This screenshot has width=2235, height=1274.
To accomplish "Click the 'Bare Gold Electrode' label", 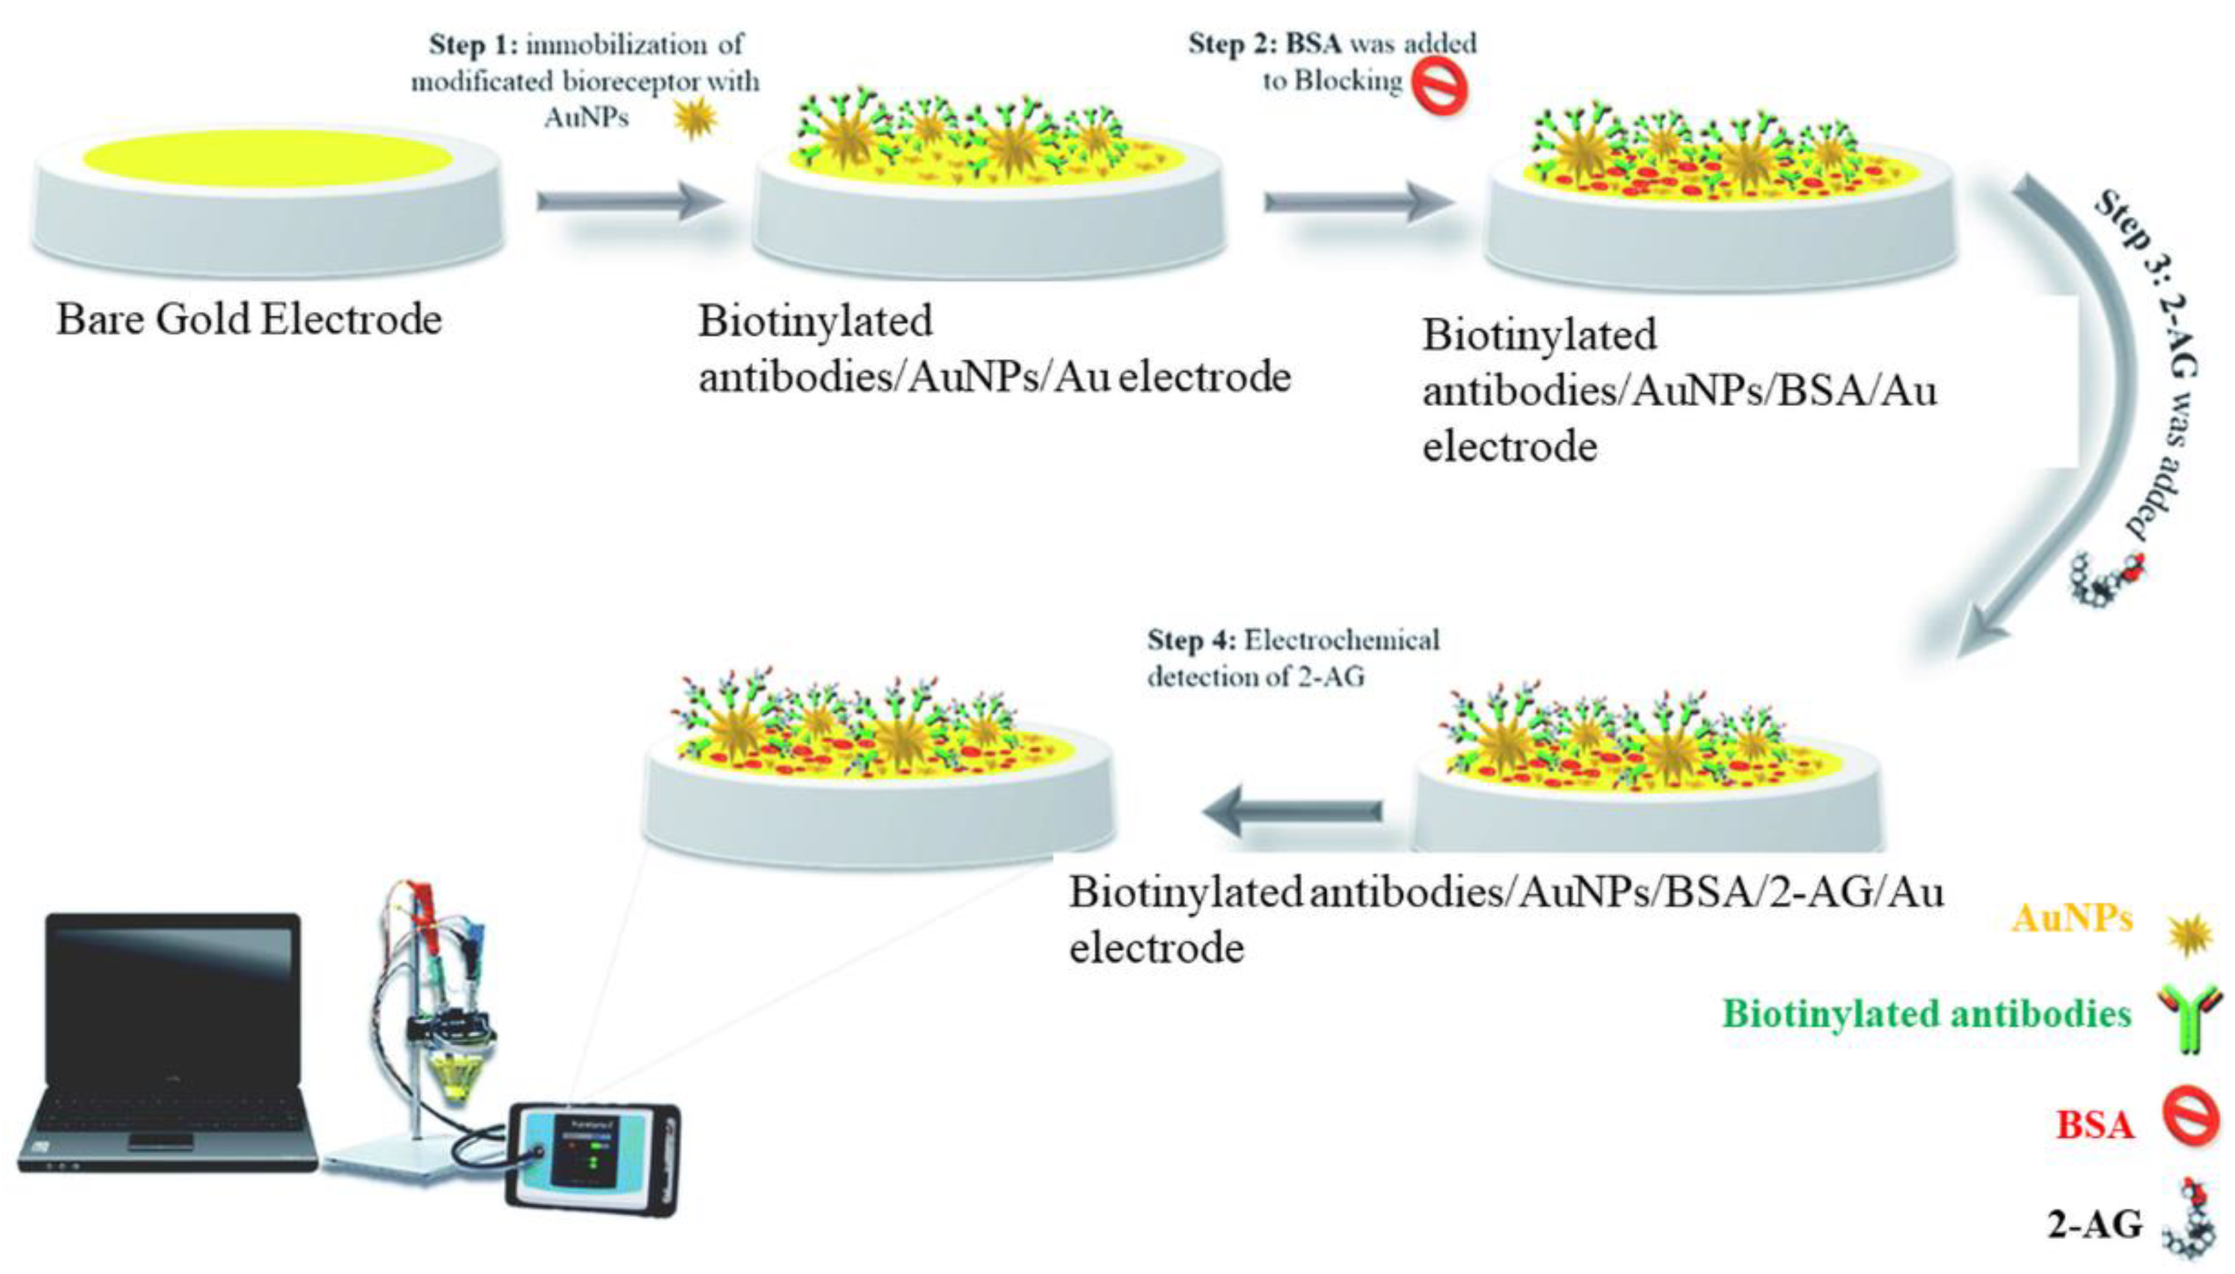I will click(x=249, y=319).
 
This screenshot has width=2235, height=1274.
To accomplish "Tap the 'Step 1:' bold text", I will click(x=473, y=44).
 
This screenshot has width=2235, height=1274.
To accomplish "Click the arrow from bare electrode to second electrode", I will click(x=630, y=202).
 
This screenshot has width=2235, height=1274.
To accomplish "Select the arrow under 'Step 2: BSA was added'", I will click(x=1356, y=202).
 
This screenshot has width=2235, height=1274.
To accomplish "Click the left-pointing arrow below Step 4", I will click(x=1291, y=810).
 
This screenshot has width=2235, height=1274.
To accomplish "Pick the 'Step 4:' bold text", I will click(x=1190, y=640).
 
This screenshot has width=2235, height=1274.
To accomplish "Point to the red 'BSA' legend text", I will click(x=2094, y=1124).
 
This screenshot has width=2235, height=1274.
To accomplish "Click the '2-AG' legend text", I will click(x=2094, y=1224).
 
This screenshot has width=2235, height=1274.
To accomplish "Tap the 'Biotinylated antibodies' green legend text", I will click(x=1926, y=1014).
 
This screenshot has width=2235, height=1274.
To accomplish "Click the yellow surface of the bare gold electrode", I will click(x=267, y=159).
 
